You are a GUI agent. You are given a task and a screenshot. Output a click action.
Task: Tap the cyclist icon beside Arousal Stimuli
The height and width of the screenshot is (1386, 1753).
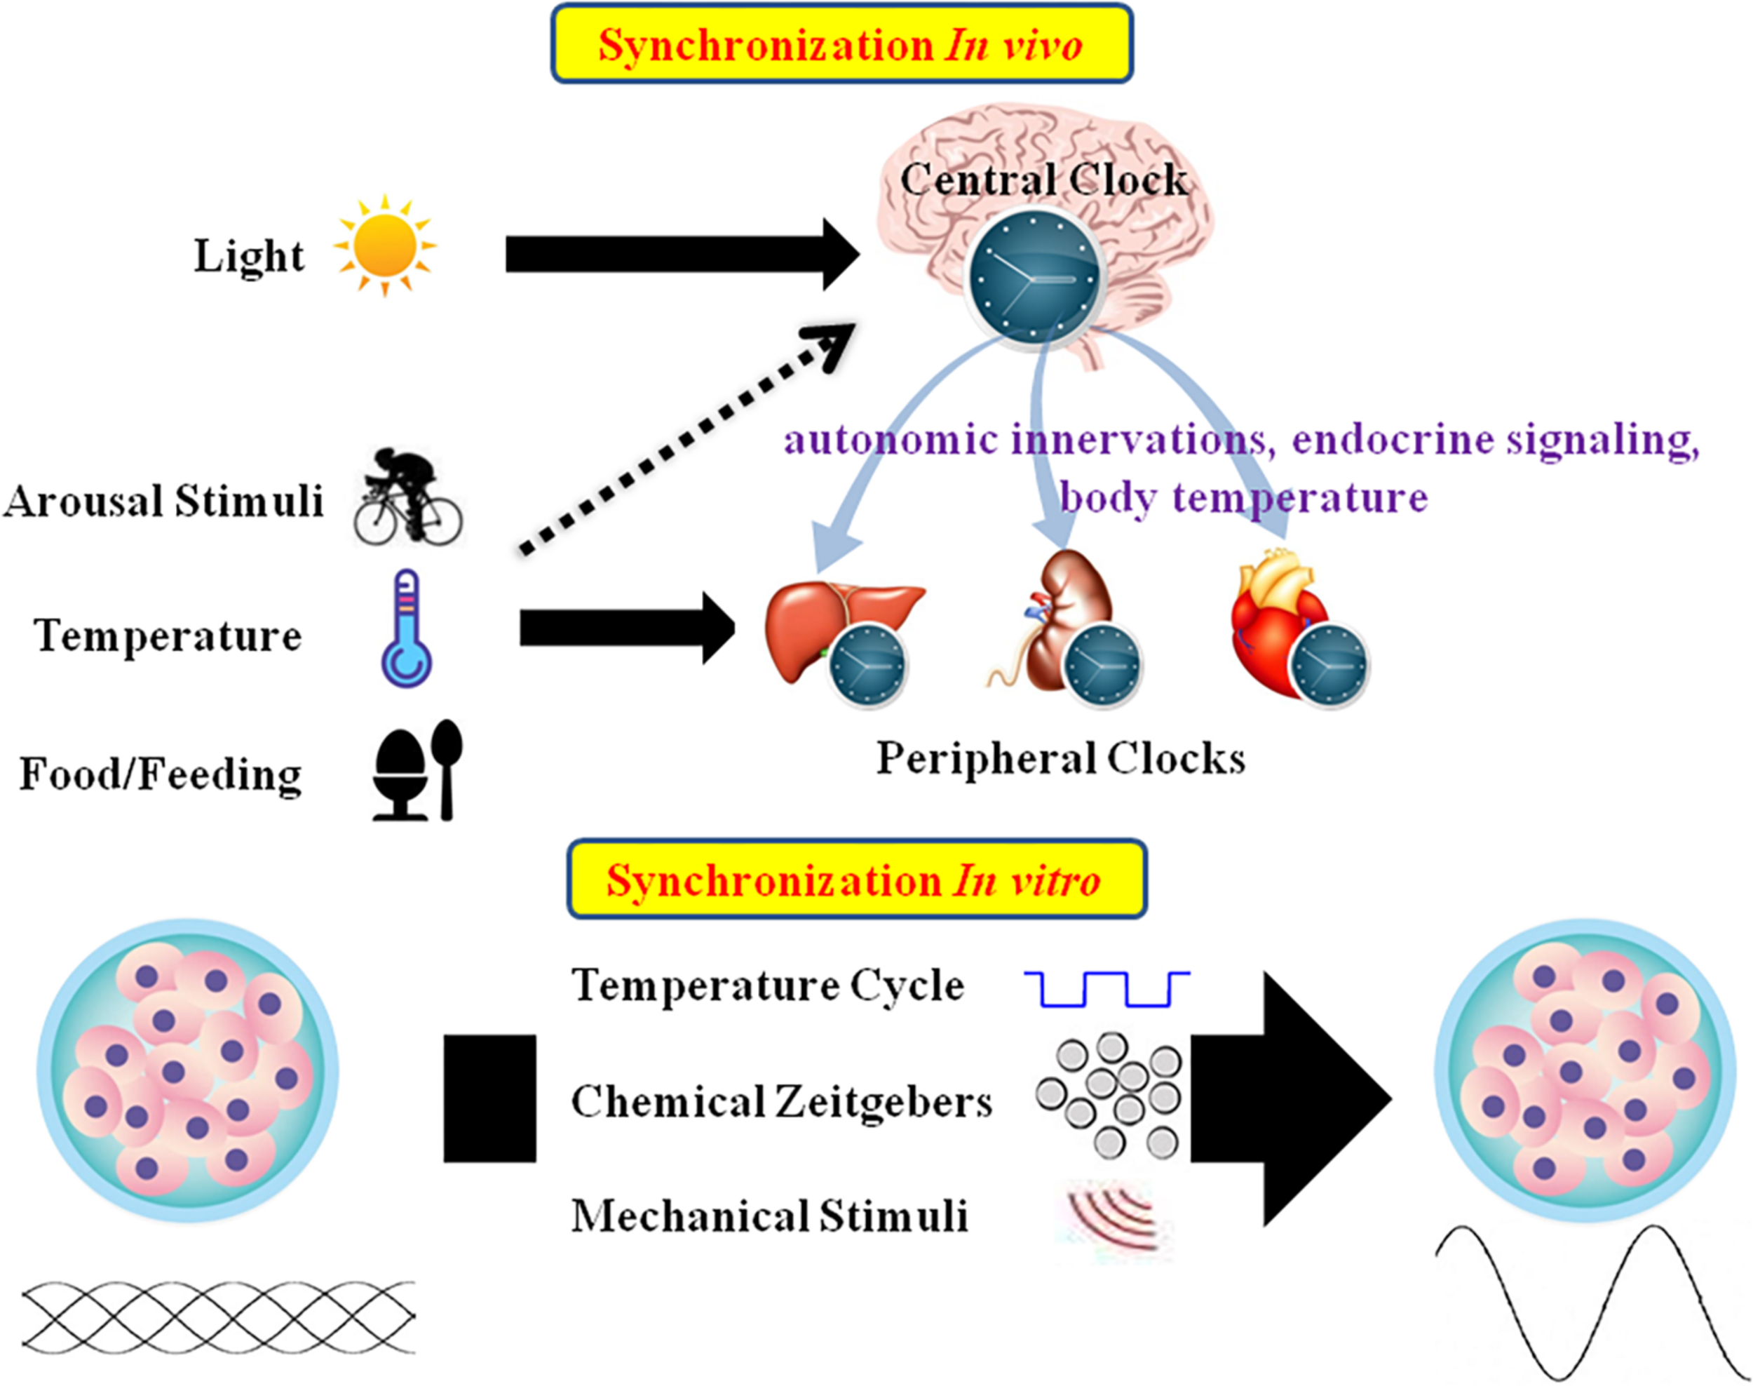point(408,497)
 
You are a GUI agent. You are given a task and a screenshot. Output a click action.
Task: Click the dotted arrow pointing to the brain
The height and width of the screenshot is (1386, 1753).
point(682,443)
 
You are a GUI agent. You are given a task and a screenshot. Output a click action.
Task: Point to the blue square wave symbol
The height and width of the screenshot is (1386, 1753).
point(1107,988)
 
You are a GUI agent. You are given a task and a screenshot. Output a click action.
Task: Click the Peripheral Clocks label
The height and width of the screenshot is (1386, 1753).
point(1060,759)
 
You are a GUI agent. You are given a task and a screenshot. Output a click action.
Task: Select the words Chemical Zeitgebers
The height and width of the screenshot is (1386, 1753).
point(781,1102)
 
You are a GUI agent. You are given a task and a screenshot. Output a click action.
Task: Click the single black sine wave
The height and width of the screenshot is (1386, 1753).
point(1590,1298)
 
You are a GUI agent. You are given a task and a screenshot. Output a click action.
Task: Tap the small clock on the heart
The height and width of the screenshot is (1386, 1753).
point(1328,666)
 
